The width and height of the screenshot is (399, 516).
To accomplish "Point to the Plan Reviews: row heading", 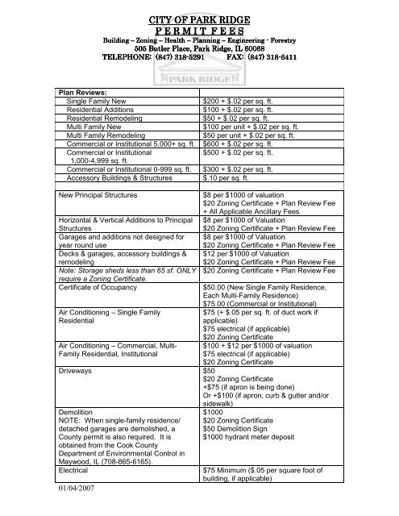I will pos(86,94).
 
